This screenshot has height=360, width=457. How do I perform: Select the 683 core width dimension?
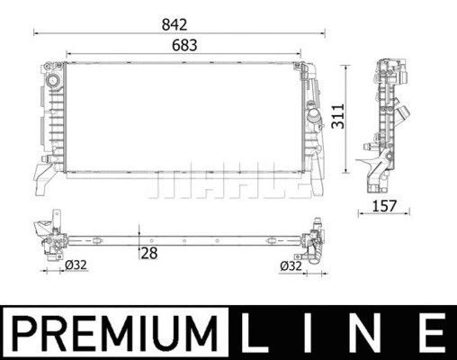click(183, 44)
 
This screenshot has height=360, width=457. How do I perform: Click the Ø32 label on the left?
click(76, 265)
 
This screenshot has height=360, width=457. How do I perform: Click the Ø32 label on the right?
click(291, 265)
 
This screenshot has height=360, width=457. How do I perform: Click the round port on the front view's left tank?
click(50, 83)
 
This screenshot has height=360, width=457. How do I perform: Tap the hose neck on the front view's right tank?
click(314, 117)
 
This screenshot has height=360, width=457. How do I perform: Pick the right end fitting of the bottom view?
click(316, 241)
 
